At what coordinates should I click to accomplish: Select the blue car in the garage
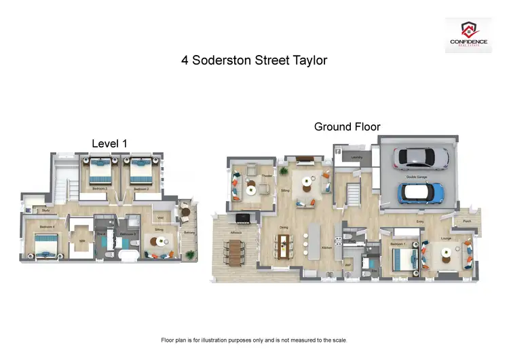(x=420, y=193)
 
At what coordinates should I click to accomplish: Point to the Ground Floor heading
(x=347, y=126)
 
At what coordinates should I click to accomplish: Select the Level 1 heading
(x=109, y=143)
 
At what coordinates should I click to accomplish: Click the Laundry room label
(x=357, y=158)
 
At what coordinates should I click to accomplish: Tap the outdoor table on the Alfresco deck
(x=236, y=253)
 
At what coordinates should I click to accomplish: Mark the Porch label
(x=467, y=219)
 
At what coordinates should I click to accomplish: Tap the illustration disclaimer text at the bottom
(x=254, y=340)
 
